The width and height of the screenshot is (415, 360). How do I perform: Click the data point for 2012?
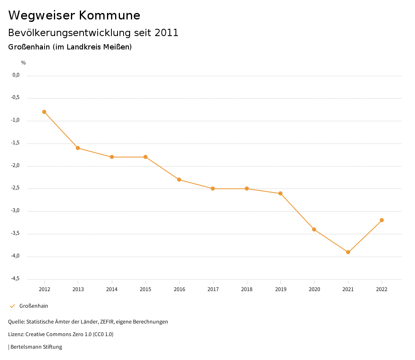point(44,112)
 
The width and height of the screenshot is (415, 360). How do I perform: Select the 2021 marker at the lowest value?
point(348,252)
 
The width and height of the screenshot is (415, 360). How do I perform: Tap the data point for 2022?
point(382,220)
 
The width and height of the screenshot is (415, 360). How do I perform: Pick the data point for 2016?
point(179,180)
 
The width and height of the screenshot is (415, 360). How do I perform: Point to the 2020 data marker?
point(314,229)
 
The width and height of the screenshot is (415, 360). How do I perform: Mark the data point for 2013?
point(78,148)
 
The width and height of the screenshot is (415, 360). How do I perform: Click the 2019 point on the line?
point(280,193)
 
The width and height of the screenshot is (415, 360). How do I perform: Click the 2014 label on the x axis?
point(112,289)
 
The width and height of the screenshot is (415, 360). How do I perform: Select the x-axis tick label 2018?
point(247,289)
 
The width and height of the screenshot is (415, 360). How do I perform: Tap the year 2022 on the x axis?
point(382,289)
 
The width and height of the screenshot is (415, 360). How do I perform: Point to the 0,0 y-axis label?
point(16,75)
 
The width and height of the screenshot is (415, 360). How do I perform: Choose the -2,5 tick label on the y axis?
point(15,188)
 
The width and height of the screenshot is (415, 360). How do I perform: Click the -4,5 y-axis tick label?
point(15,279)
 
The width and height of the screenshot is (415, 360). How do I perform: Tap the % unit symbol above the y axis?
point(24,63)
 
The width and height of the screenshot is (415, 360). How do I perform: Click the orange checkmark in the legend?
point(12,306)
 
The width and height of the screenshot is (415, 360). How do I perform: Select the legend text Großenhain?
point(34,306)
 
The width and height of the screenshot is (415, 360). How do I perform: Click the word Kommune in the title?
point(109,15)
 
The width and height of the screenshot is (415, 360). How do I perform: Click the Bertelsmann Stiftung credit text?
point(36,347)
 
